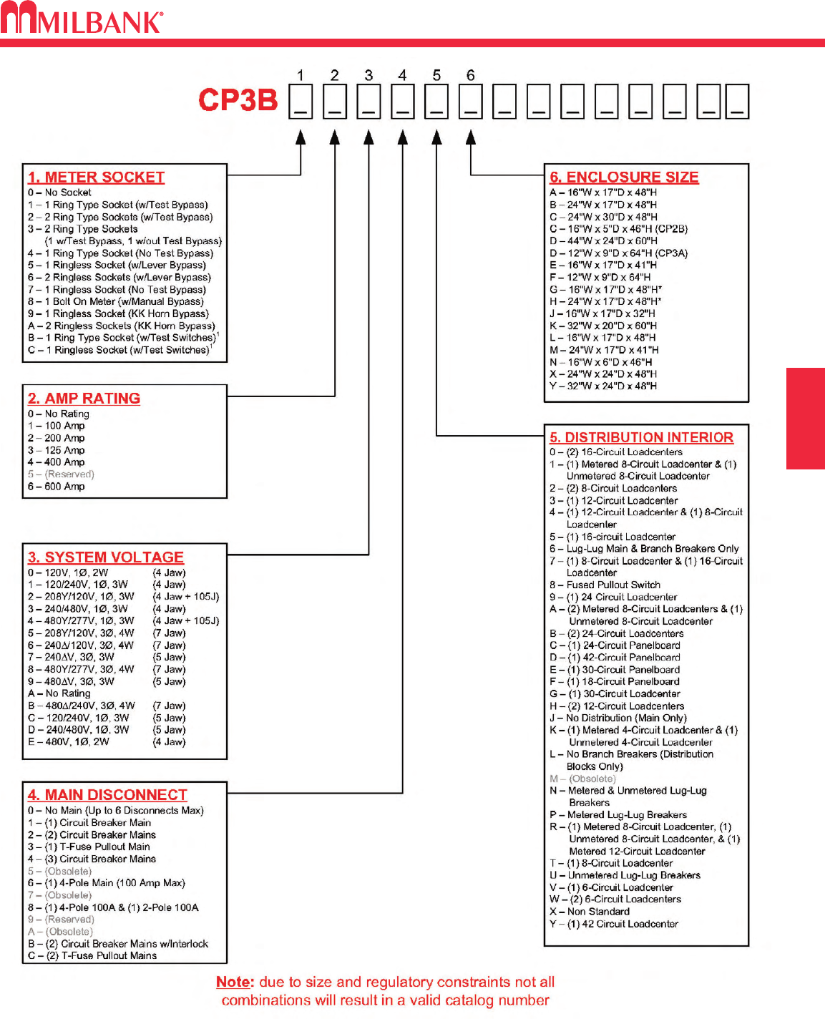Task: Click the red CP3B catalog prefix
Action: pyautogui.click(x=238, y=100)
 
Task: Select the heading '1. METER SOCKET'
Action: pyautogui.click(x=96, y=177)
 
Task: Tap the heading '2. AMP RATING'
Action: pyautogui.click(x=84, y=399)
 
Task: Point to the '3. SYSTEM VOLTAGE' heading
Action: pyautogui.click(x=105, y=557)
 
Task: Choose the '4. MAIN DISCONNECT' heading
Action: pyautogui.click(x=107, y=795)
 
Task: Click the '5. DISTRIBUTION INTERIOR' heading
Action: pyautogui.click(x=641, y=437)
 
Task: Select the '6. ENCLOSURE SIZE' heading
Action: pyautogui.click(x=624, y=177)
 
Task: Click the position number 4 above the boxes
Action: pyautogui.click(x=402, y=76)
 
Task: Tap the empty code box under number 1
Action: pyautogui.click(x=301, y=101)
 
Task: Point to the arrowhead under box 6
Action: pyautogui.click(x=470, y=137)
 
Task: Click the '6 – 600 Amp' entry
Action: pyautogui.click(x=57, y=487)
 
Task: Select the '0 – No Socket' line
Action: pyautogui.click(x=59, y=192)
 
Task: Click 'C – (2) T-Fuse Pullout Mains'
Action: pyautogui.click(x=92, y=956)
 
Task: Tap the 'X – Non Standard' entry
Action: pyautogui.click(x=590, y=912)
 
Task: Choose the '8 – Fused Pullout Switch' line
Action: pyautogui.click(x=605, y=585)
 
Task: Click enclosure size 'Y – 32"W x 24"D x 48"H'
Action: pyautogui.click(x=603, y=386)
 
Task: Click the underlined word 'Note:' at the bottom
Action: pyautogui.click(x=235, y=983)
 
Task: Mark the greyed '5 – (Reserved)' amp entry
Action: pyautogui.click(x=61, y=474)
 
